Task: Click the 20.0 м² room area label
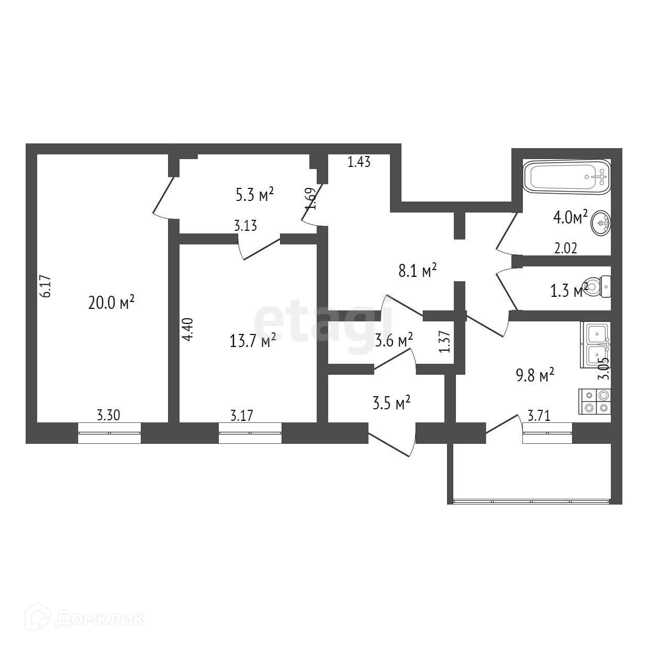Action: pos(111,303)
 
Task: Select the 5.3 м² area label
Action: pos(255,195)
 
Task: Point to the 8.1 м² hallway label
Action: pos(417,271)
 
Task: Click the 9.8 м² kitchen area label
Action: pos(534,375)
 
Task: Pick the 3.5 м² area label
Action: pos(390,403)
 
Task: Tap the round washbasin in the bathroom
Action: pos(600,224)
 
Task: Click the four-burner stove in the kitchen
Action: pos(595,401)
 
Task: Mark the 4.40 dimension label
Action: pos(188,330)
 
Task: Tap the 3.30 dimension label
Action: pos(109,416)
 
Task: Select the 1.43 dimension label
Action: pos(359,162)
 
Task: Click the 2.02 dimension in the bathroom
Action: pos(565,249)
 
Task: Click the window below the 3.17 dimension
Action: pos(250,433)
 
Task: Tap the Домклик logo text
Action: pos(92,619)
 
